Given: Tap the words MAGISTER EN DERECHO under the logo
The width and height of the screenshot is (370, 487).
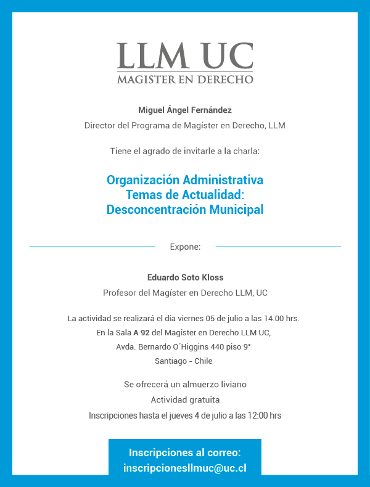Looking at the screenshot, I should point(185,80).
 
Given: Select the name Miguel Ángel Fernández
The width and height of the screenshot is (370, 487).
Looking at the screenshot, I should point(185,110).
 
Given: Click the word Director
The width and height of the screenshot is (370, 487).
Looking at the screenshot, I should point(101,126).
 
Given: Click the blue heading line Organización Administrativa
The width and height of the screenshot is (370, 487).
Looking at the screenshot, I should point(185,180).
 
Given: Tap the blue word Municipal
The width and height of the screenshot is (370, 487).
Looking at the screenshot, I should point(237,210).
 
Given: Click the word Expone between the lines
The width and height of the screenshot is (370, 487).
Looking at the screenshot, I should point(185,247).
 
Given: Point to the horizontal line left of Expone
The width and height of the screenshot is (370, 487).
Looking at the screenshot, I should point(92,247).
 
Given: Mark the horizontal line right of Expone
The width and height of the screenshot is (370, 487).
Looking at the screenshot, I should point(278,247).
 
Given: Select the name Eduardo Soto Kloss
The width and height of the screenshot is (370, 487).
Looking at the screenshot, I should point(185,277).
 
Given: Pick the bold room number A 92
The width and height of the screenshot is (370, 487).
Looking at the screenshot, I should point(141,333).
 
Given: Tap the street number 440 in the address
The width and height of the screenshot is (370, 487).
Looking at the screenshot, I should point(215,347).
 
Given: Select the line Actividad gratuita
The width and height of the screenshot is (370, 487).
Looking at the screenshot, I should point(185,400).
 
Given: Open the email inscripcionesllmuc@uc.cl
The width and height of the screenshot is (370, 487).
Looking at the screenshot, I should point(185,468).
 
